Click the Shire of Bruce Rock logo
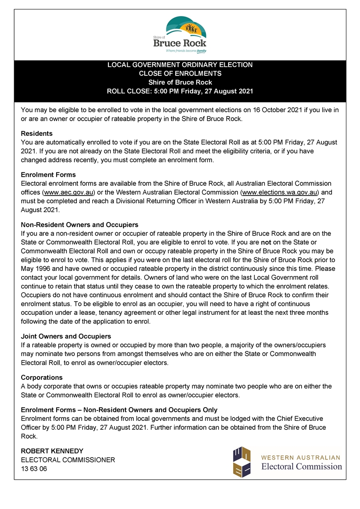click(180, 34)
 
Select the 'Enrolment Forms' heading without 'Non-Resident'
click(49, 175)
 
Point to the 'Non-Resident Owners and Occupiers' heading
click(80, 225)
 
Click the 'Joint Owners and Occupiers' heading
click(66, 336)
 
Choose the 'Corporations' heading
click(42, 378)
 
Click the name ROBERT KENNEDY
click(52, 451)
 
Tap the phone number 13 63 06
click(34, 469)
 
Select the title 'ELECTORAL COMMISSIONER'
click(68, 460)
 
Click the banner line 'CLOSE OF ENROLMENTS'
click(180, 74)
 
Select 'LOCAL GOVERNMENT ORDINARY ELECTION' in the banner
click(180, 65)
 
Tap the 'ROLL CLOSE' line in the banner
click(180, 91)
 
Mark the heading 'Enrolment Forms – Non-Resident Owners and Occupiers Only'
click(119, 410)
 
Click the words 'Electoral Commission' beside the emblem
click(302, 467)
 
